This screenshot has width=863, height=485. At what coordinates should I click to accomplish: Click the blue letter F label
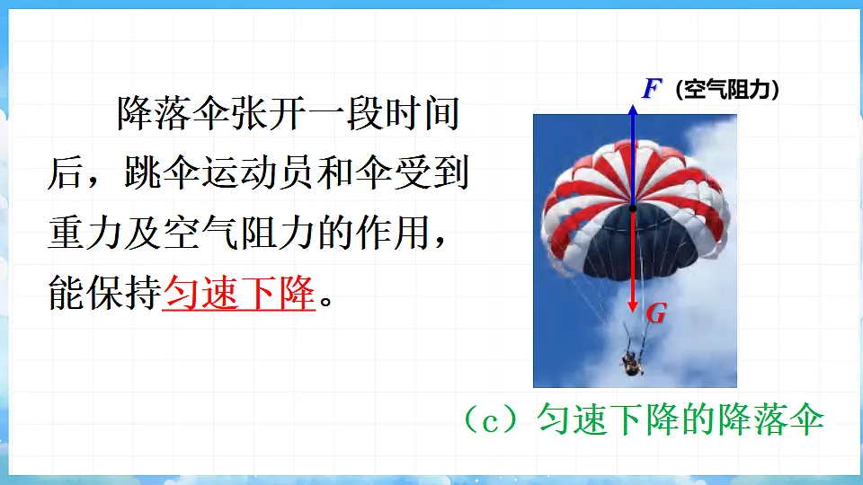click(652, 89)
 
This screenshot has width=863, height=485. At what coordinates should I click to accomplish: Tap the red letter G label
click(656, 313)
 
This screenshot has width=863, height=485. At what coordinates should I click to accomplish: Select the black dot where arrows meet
click(633, 208)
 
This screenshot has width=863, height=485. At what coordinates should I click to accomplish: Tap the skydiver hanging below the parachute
click(632, 362)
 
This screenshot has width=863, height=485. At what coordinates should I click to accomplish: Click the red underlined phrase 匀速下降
click(238, 293)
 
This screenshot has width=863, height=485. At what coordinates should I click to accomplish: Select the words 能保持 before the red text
click(104, 293)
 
